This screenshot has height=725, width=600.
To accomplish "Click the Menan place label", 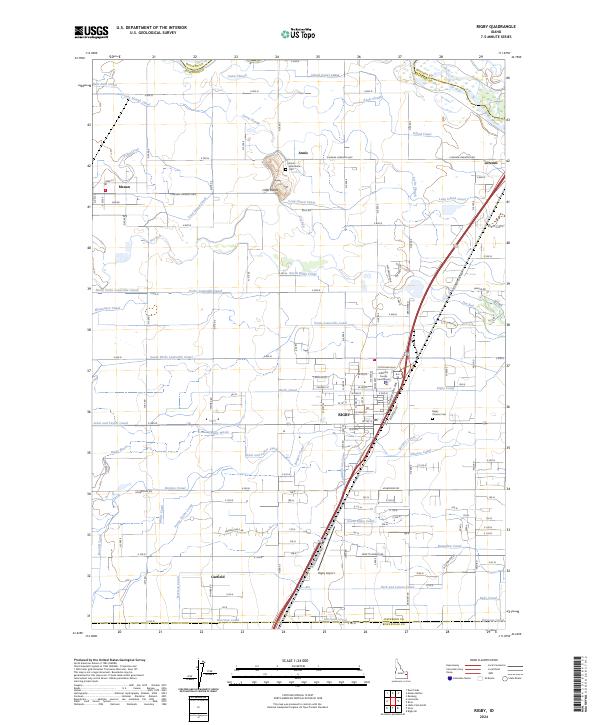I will point(125,186).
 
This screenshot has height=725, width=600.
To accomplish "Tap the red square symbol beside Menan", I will point(106,186).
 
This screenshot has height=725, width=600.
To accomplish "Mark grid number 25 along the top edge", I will point(318,57).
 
